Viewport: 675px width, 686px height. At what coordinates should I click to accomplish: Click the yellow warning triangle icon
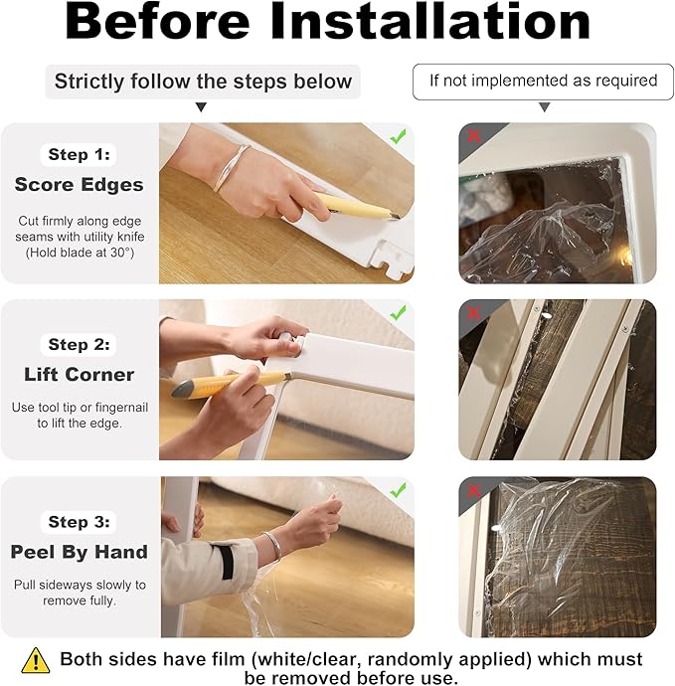coord(36,660)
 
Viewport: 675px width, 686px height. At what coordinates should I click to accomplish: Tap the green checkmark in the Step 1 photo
coord(398,136)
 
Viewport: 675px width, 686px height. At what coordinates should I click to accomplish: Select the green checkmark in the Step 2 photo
coord(398,313)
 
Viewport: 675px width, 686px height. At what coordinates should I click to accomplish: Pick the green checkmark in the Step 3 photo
coord(398,490)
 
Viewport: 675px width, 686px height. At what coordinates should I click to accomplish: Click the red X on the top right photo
coord(474,136)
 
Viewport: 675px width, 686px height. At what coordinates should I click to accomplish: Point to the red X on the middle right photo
coord(474,313)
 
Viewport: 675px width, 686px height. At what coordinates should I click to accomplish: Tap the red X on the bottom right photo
coord(474,490)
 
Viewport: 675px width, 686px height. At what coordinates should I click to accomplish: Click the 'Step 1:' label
coord(80,154)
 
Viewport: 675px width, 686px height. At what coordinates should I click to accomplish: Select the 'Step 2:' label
coord(80,345)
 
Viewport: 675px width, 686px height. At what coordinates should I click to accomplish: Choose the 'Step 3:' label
coord(80,522)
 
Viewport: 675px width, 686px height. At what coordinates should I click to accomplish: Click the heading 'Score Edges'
coord(80,185)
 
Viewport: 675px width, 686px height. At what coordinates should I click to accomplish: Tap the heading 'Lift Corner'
coord(80,375)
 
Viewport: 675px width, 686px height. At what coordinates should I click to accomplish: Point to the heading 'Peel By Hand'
coord(80,552)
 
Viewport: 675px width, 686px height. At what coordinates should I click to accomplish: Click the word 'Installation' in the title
coord(430,22)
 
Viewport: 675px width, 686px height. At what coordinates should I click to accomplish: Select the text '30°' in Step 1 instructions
coord(120,253)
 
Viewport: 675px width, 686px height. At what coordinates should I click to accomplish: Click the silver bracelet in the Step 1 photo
coord(230,167)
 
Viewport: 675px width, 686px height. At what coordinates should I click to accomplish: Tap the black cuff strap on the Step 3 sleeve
coord(227,562)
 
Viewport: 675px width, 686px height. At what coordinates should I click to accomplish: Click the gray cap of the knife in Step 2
coord(183,389)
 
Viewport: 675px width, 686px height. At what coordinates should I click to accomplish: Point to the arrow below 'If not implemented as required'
coord(544,107)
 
